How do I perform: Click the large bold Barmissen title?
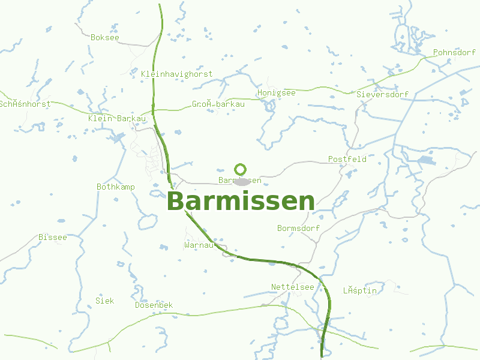[x=241, y=202]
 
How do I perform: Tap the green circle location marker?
[x=241, y=169]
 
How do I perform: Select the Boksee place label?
[x=105, y=37]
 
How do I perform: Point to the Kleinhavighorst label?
[x=176, y=74]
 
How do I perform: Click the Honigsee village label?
[x=276, y=92]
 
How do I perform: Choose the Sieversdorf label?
[x=382, y=94]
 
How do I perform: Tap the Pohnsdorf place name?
[x=454, y=52]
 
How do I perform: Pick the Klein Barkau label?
[x=117, y=118]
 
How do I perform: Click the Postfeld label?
[x=347, y=159]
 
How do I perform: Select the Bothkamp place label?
[x=115, y=187]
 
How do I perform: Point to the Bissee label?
[x=52, y=237]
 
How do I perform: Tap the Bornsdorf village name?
[x=298, y=228]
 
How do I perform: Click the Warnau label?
[x=199, y=245]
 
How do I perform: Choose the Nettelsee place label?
[x=292, y=287]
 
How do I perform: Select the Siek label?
[x=104, y=301]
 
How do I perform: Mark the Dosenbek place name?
[x=154, y=305]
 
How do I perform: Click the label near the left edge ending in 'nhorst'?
[x=25, y=104]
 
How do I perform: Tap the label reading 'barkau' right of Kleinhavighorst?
[x=218, y=104]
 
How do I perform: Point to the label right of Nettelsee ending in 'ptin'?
[x=359, y=290]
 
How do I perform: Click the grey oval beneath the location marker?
[x=242, y=181]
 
